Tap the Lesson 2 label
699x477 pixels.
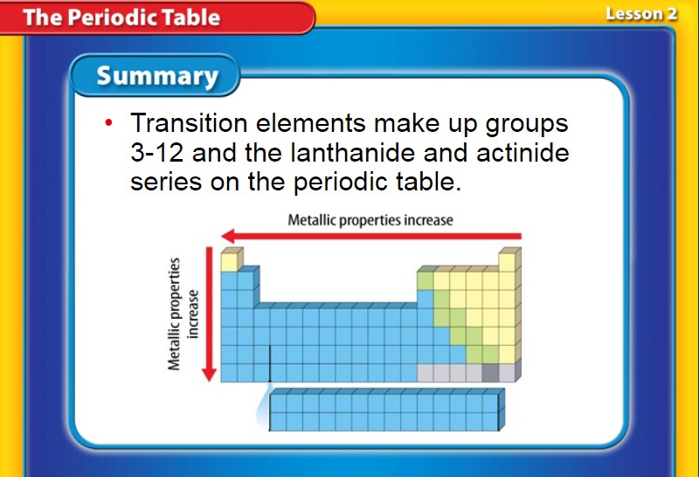pos(641,14)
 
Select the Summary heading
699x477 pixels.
pos(157,75)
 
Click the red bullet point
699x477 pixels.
pos(108,122)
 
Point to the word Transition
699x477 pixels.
pos(189,122)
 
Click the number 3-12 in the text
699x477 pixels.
pos(157,153)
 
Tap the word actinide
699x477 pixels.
pos(523,153)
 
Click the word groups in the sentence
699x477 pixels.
pos(527,124)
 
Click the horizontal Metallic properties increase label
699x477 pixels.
pos(370,220)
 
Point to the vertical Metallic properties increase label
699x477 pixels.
pos(183,315)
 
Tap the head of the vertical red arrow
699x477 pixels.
pos(209,375)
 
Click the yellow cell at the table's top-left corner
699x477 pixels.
pos(229,262)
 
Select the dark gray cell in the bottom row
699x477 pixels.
pos(490,373)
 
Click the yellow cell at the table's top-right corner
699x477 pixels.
pos(507,262)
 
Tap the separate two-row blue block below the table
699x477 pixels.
pos(386,410)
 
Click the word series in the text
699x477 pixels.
pos(166,182)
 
